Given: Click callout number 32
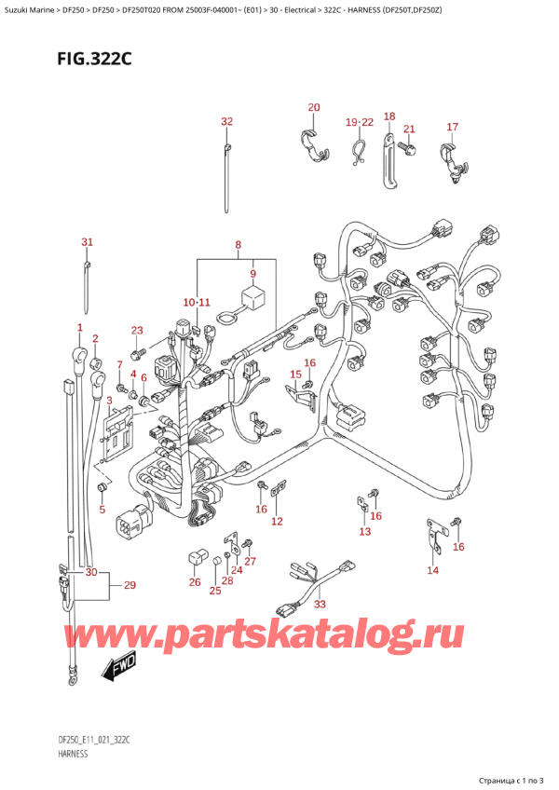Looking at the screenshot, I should pyautogui.click(x=226, y=122).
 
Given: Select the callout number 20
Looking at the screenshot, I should pyautogui.click(x=313, y=107).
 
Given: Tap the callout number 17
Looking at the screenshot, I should pyautogui.click(x=453, y=127).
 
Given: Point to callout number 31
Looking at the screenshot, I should pyautogui.click(x=87, y=242).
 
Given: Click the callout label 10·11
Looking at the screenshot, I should pyautogui.click(x=197, y=303).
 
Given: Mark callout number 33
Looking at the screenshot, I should pyautogui.click(x=320, y=605).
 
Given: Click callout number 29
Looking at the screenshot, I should pyautogui.click(x=130, y=585).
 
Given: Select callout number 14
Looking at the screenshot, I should pyautogui.click(x=432, y=569).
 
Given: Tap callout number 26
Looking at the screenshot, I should pyautogui.click(x=194, y=583).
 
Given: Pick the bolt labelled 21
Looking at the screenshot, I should pyautogui.click(x=408, y=147).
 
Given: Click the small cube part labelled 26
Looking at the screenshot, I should pyautogui.click(x=196, y=558).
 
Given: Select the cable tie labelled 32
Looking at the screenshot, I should pyautogui.click(x=226, y=177).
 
